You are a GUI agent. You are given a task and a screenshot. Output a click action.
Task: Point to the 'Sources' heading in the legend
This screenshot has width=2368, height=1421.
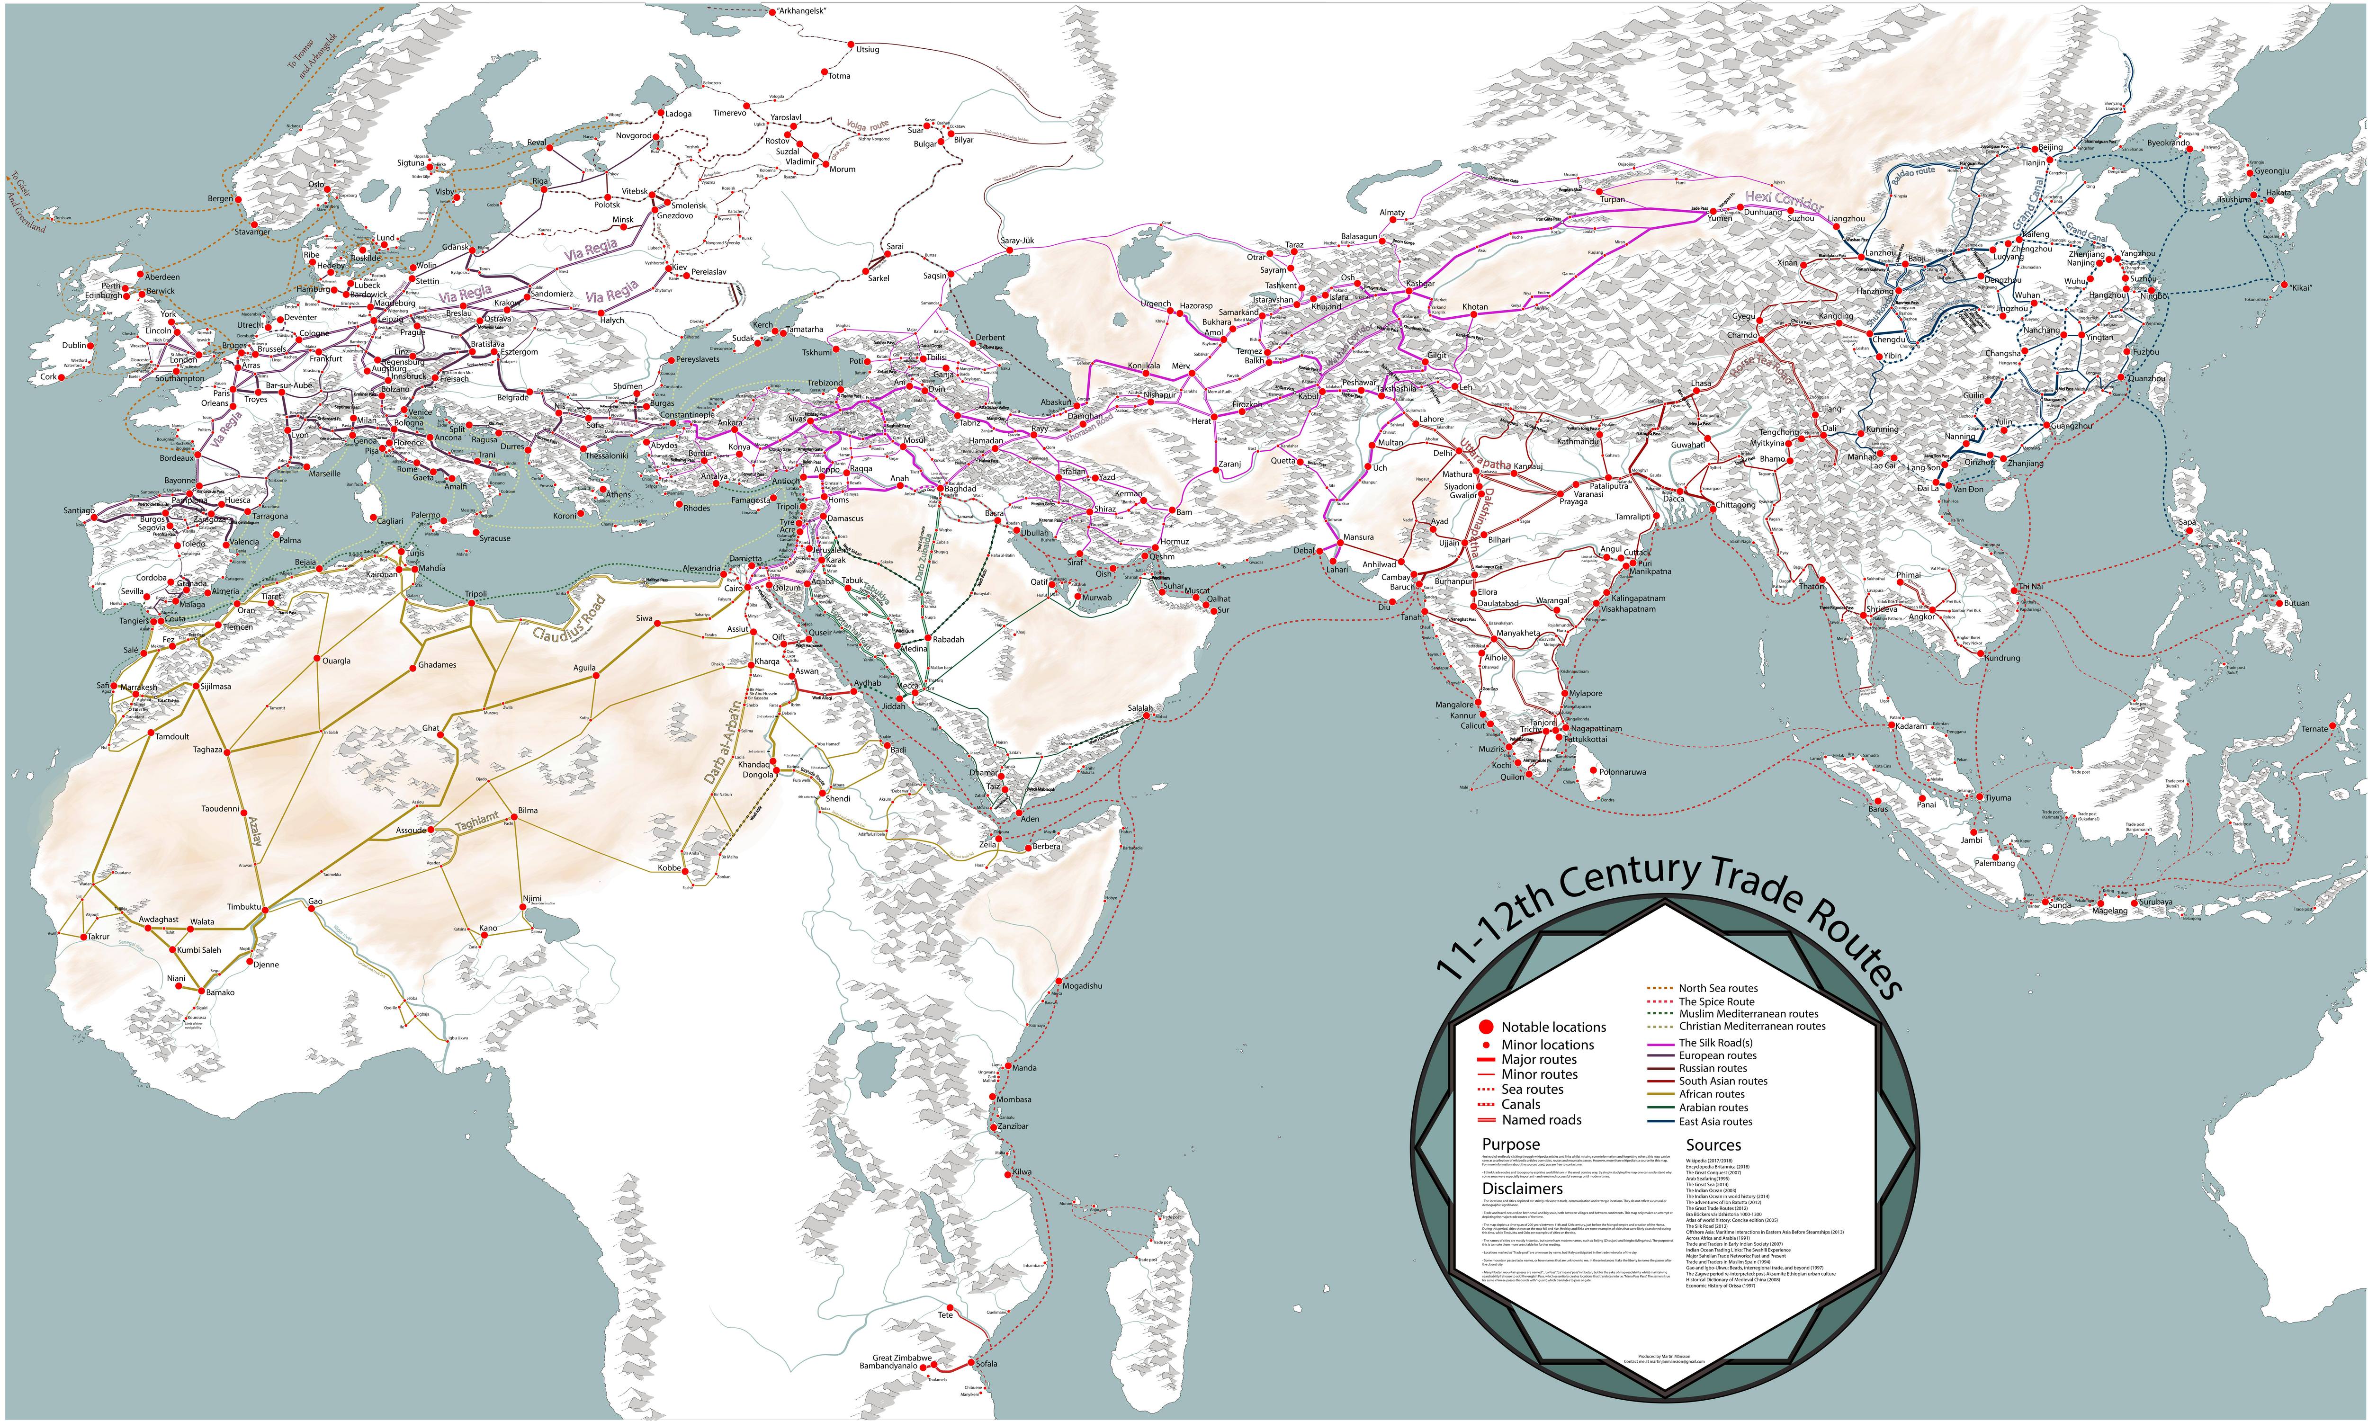(x=1713, y=1145)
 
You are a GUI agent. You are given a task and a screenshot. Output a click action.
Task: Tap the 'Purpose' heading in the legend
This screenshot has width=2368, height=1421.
(x=1511, y=1144)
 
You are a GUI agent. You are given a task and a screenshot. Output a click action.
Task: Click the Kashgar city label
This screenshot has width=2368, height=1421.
(x=1420, y=284)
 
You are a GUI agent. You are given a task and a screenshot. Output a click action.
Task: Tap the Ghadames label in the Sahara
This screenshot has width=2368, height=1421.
(x=437, y=664)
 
